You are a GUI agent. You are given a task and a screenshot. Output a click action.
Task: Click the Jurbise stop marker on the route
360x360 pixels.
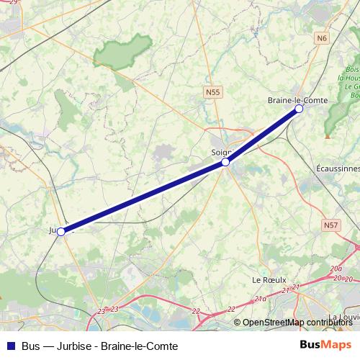[x=61, y=231]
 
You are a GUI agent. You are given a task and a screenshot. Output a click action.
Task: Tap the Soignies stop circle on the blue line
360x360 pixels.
[x=225, y=162]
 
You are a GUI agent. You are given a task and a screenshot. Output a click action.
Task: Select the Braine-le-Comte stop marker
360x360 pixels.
[x=300, y=109]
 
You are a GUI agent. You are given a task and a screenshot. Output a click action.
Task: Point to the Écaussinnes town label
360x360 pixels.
[x=338, y=168]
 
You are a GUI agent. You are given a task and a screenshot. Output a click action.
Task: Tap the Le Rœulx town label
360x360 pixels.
[x=269, y=279]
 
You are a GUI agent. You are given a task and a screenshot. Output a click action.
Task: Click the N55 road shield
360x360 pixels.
[x=212, y=92]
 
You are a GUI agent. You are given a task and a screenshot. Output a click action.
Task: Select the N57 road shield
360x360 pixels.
[x=330, y=225]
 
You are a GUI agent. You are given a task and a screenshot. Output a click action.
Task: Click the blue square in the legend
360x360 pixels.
[x=11, y=346]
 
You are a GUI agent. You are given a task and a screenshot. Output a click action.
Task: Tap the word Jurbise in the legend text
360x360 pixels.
[x=68, y=346]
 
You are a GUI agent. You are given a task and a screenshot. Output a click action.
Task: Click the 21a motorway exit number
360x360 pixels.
[x=261, y=297]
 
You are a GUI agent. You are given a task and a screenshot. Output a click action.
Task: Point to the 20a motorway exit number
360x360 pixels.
[x=336, y=269]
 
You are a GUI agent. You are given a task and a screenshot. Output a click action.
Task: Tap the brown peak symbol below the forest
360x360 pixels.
[x=328, y=134]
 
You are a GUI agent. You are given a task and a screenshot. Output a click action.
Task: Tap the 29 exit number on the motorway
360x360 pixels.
[x=14, y=2]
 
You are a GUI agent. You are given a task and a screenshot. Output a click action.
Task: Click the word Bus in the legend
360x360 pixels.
[x=30, y=346]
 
